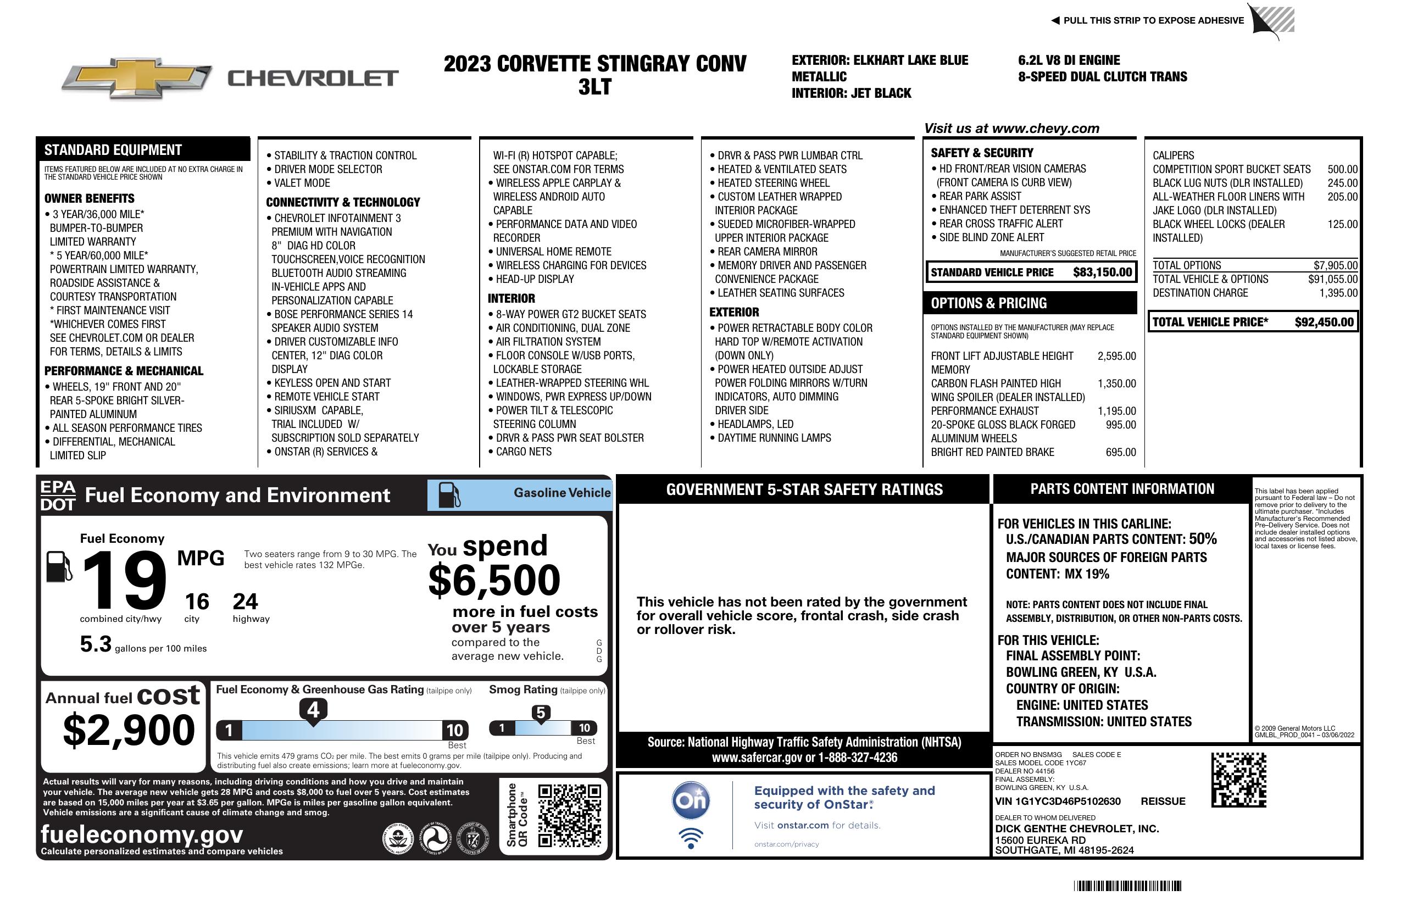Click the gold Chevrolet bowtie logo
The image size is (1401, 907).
pos(137,77)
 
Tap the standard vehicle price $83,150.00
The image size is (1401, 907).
pos(1102,272)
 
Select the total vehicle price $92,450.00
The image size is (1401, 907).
pos(1324,322)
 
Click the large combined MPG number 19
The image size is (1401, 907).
pos(125,580)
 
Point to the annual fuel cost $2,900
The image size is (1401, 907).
pos(129,730)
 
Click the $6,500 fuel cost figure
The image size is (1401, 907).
pos(494,580)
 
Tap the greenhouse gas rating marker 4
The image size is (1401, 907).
pos(313,710)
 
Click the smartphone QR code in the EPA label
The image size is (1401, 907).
pos(569,815)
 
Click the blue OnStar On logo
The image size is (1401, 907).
pos(691,800)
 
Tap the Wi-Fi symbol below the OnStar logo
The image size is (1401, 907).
pos(691,838)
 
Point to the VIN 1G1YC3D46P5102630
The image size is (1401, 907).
pos(1058,802)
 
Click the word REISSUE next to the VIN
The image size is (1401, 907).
pos(1163,802)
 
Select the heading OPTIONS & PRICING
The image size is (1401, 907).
pos(989,304)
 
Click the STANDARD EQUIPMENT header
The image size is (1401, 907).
pos(113,150)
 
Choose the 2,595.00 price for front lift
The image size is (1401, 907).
pos(1116,356)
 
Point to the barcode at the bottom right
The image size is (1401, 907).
pos(1127,886)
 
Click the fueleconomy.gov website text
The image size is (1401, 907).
pos(142,834)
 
